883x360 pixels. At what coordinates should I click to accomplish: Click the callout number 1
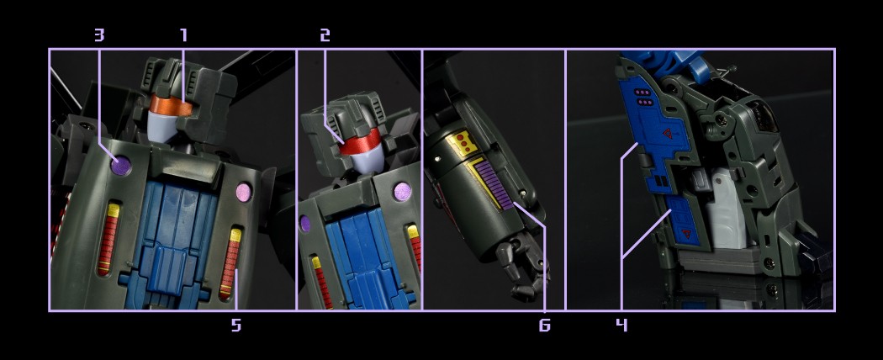[x=183, y=35]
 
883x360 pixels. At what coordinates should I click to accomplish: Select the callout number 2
[x=325, y=35]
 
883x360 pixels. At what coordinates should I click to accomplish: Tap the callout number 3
[x=99, y=35]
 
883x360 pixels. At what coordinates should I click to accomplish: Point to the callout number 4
[x=621, y=325]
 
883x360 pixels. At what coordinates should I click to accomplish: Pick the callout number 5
[x=236, y=325]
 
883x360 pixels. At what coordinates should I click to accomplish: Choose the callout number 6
[x=545, y=325]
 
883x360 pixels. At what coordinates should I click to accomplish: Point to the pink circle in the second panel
[x=402, y=192]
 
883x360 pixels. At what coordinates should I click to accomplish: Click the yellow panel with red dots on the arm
[x=457, y=144]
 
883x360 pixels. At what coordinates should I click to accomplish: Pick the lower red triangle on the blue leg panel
[x=685, y=233]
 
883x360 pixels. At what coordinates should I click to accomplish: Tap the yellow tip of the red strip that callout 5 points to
[x=235, y=235]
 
